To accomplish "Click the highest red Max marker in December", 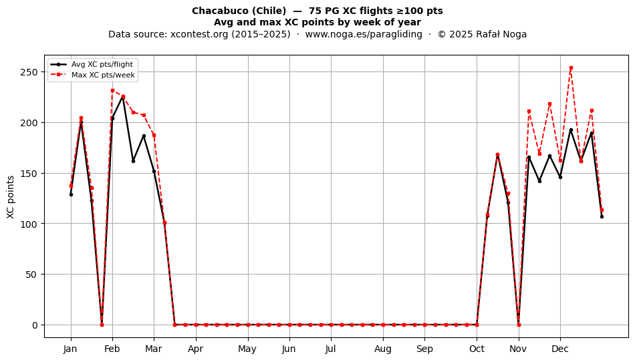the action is (x=571, y=68).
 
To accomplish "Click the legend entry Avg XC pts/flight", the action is (x=102, y=64).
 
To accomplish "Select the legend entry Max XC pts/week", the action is (x=103, y=75).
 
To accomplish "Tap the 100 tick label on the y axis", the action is (x=29, y=224).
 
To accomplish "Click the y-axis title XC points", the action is (x=11, y=197).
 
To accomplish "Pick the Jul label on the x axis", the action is (x=331, y=349).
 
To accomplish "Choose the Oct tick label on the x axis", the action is (x=477, y=349).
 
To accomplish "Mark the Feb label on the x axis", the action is (x=112, y=349).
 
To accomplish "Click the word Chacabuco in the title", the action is (x=219, y=11).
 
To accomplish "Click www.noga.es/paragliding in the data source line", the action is (x=364, y=34).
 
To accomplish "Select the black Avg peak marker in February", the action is (x=123, y=97).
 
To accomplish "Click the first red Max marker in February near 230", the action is (x=112, y=91).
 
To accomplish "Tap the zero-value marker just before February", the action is (x=102, y=325).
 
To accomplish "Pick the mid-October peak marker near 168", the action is (x=498, y=155).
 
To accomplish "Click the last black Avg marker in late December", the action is (x=602, y=217).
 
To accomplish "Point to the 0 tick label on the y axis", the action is (x=35, y=325).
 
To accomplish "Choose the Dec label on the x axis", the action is (x=560, y=349).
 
